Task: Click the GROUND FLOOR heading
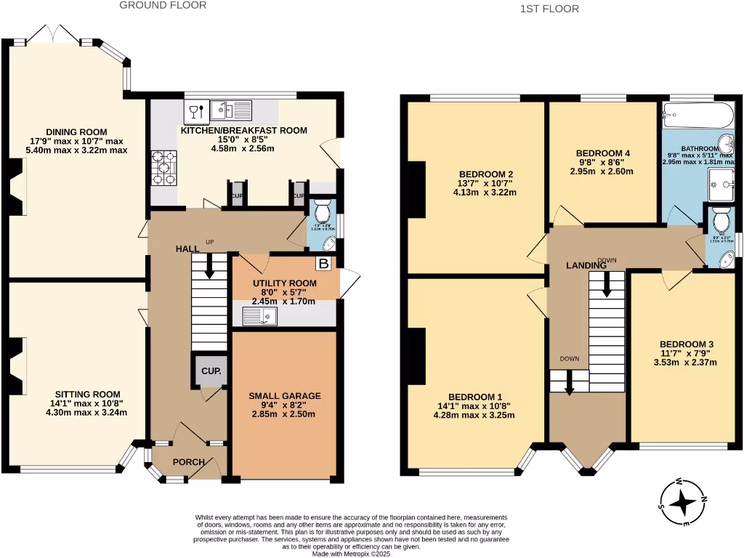[x=163, y=5]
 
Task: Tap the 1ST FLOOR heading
[x=549, y=9]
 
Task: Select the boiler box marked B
[x=323, y=264]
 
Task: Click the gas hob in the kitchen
[x=163, y=169]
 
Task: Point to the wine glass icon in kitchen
[x=195, y=111]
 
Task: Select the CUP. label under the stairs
[x=211, y=371]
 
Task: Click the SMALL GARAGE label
[x=284, y=396]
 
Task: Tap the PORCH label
[x=187, y=462]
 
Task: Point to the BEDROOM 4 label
[x=602, y=153]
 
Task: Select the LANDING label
[x=586, y=266]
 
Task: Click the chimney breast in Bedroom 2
[x=418, y=189]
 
